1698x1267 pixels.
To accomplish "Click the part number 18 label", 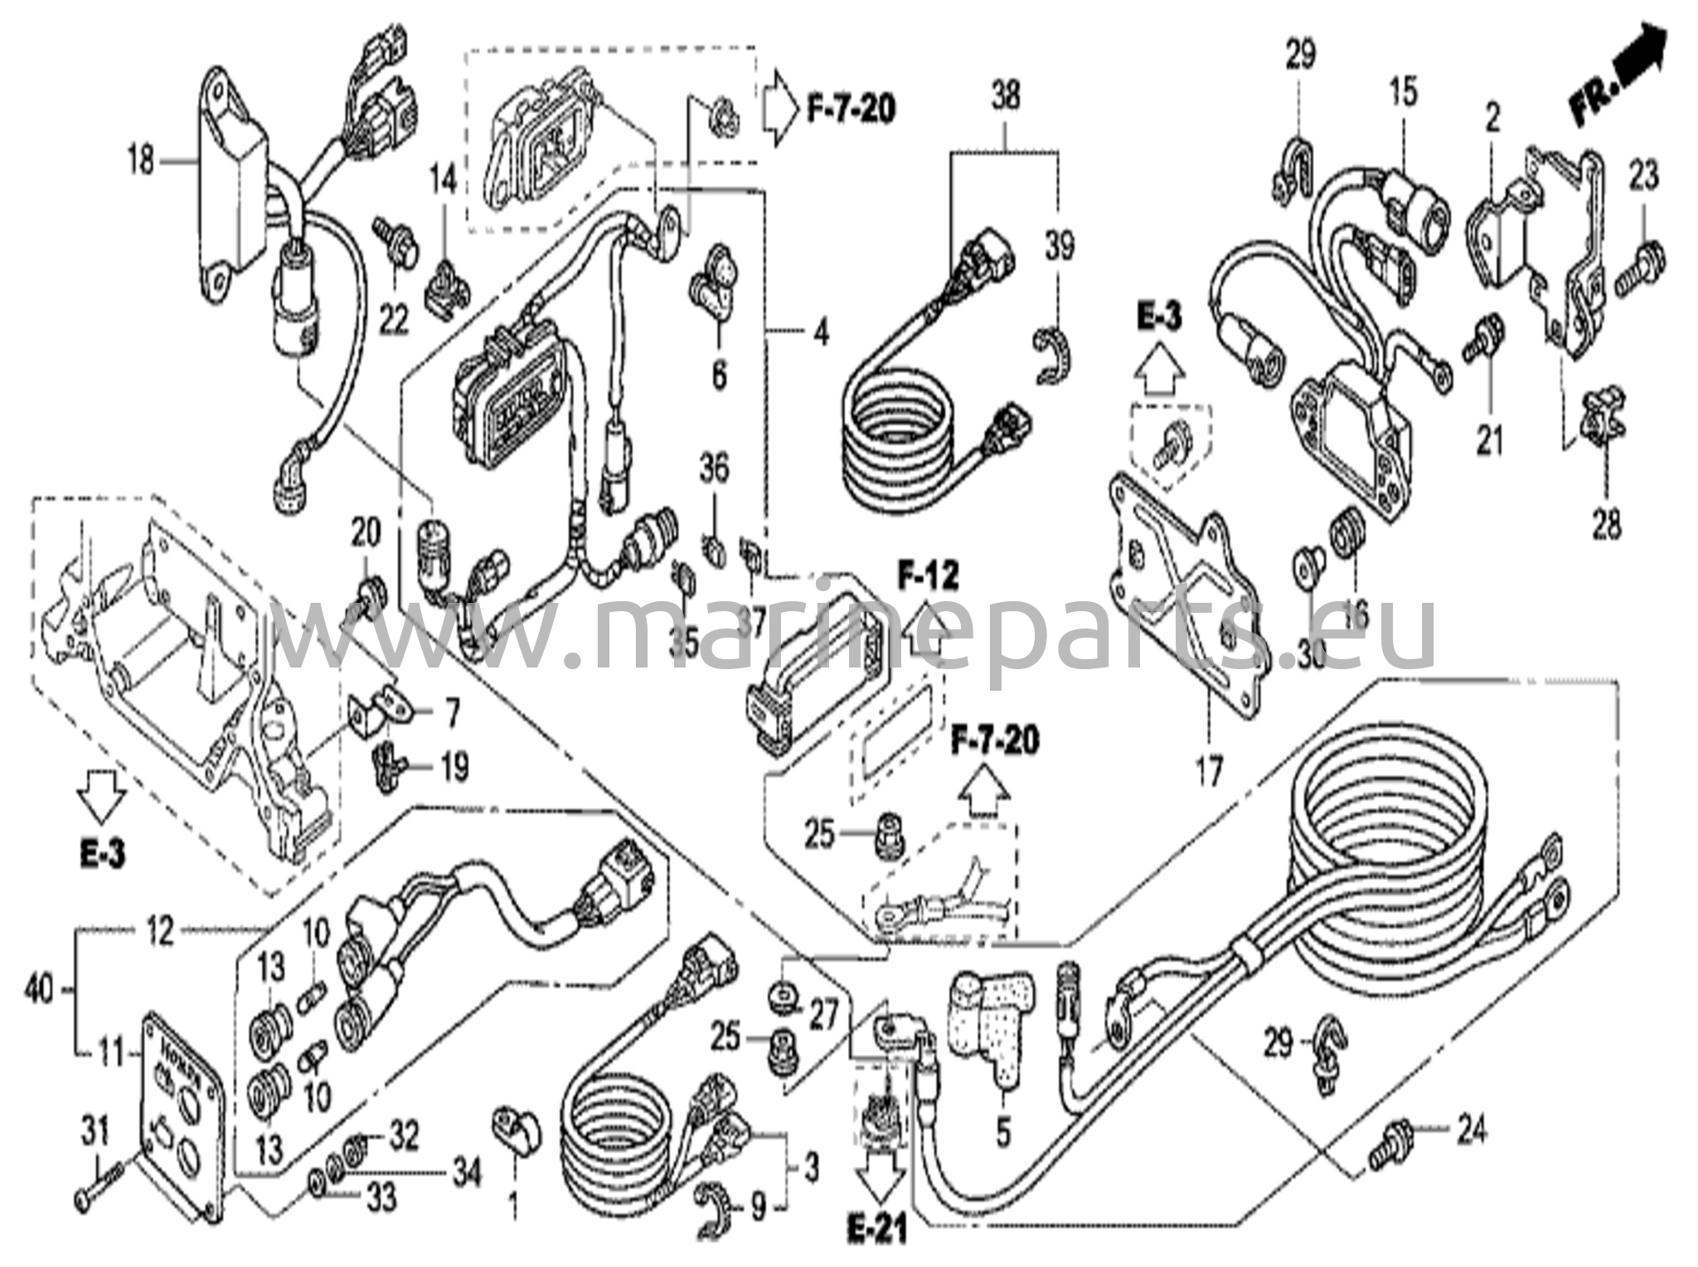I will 140,159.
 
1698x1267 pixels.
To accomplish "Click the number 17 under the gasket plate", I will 1208,773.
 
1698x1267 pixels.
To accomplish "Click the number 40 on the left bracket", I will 39,990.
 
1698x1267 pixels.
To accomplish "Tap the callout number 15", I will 1403,93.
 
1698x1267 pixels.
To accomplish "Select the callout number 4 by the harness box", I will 820,335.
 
